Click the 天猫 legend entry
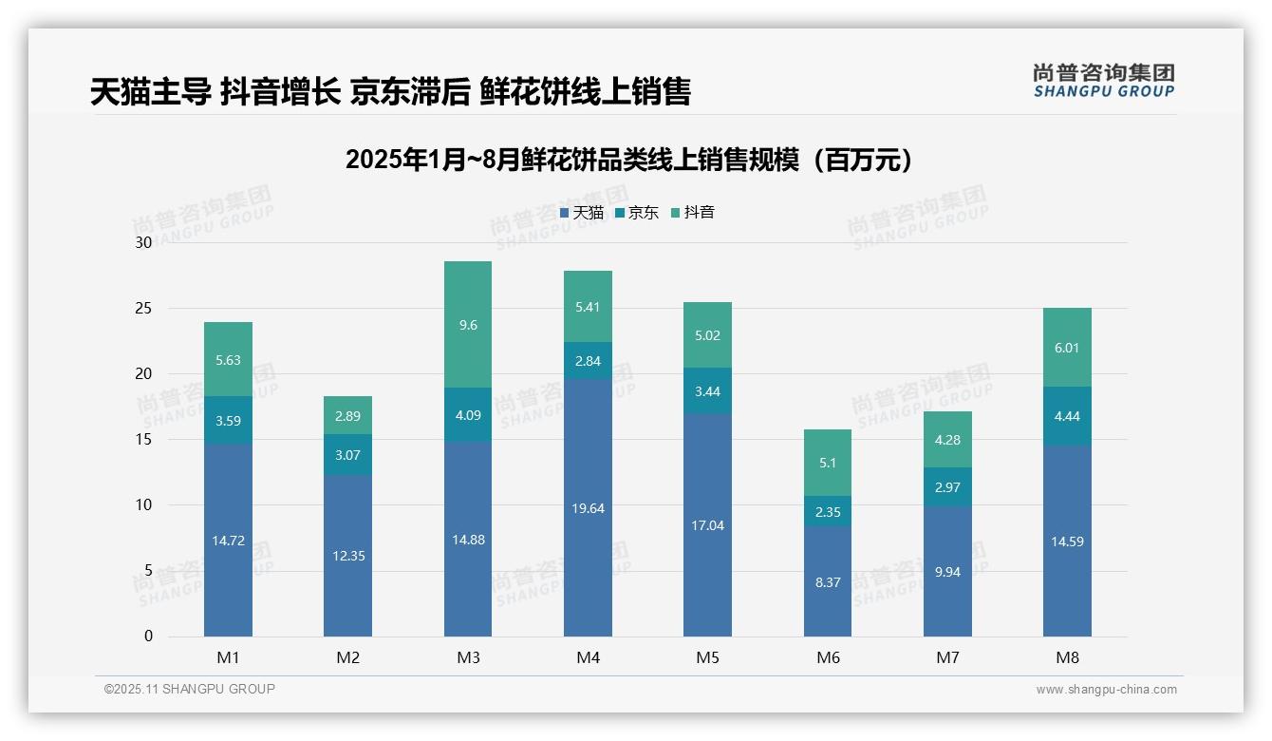tap(582, 213)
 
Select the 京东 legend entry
tap(637, 213)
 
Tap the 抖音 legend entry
tap(693, 213)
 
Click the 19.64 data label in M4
tap(588, 508)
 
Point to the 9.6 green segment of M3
tap(468, 325)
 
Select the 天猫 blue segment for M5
tap(707, 524)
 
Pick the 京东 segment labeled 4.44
tap(1067, 416)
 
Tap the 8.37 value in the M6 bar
tap(828, 582)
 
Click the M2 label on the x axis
tap(348, 657)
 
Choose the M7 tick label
tap(947, 657)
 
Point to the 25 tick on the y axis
tap(143, 309)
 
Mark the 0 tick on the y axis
tap(148, 636)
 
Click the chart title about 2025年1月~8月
tap(629, 160)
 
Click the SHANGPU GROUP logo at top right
tap(1103, 81)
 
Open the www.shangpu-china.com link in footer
tap(1106, 690)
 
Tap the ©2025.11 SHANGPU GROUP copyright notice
tap(189, 689)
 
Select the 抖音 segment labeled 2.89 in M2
tap(348, 415)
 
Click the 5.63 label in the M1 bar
tap(228, 359)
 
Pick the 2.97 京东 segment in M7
tap(947, 487)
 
